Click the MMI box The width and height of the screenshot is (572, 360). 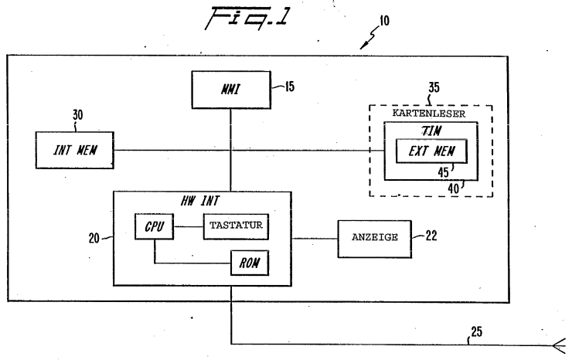231,90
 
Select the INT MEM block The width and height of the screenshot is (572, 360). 75,150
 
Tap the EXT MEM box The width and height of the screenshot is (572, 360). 431,151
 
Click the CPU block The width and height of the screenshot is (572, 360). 155,226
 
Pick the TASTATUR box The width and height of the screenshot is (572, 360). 236,226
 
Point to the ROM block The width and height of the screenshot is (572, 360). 250,263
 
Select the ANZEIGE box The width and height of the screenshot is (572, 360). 375,239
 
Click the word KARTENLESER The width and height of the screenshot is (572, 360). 429,113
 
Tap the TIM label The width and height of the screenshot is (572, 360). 431,131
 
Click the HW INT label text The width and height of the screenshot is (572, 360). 200,201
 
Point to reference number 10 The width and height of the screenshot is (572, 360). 384,21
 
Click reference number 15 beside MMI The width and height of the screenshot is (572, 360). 290,87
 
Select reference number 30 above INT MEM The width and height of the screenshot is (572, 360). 78,115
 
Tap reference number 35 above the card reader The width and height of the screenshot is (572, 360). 434,87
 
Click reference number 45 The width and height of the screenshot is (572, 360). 443,172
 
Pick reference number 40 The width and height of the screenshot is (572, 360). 453,188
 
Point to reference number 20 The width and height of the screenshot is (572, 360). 94,238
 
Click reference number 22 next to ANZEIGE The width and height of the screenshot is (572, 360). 431,236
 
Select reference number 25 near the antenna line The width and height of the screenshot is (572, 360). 476,332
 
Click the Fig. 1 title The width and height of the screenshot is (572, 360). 247,18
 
